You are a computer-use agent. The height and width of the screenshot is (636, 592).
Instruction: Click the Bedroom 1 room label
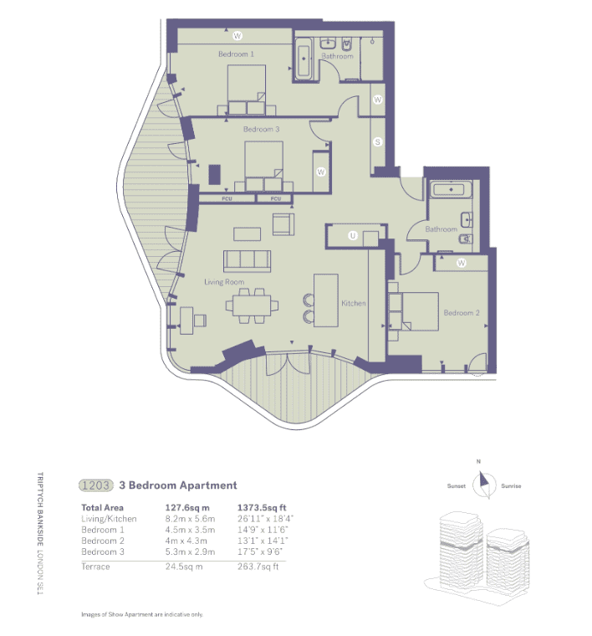point(236,54)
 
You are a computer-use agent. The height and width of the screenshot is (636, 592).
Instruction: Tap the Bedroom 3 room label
point(261,130)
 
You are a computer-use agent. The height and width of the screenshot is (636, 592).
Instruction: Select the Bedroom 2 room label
point(461,313)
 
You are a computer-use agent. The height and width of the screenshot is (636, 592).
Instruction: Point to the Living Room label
point(224,283)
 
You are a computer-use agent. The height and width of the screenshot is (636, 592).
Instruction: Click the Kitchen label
point(354,303)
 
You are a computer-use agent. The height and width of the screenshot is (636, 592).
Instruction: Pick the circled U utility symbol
point(353,237)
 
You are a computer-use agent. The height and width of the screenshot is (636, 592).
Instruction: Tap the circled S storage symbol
point(378,142)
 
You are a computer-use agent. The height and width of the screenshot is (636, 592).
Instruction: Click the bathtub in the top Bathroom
point(303,59)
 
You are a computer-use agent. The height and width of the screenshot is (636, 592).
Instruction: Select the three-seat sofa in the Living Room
point(247,260)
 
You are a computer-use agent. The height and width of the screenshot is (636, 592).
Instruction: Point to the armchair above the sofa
point(283,224)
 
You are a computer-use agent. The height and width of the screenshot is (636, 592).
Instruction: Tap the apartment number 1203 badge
point(94,485)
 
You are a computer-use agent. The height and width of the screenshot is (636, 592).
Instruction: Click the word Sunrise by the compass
point(510,486)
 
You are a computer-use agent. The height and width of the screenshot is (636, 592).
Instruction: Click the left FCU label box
point(227,199)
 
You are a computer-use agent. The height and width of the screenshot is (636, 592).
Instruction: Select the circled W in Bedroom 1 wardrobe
point(237,36)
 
